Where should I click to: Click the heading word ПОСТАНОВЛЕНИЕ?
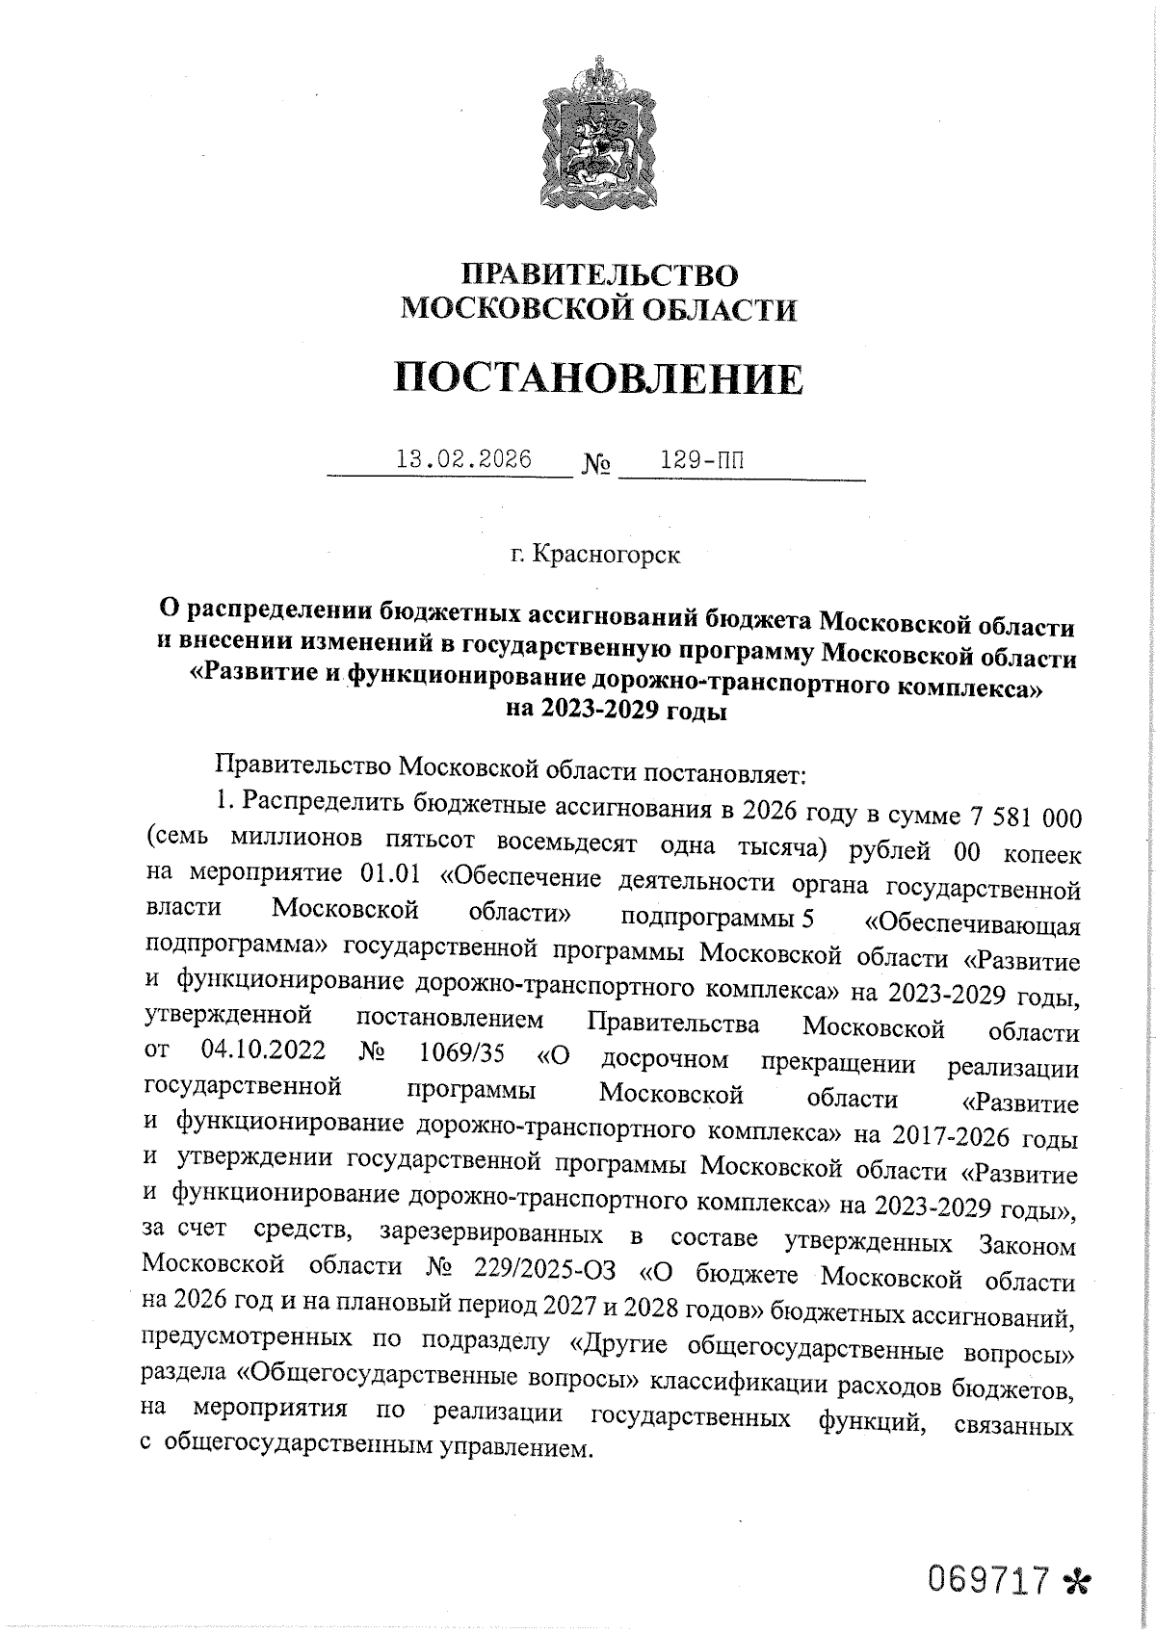(598, 378)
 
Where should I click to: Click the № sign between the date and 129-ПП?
(596, 466)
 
